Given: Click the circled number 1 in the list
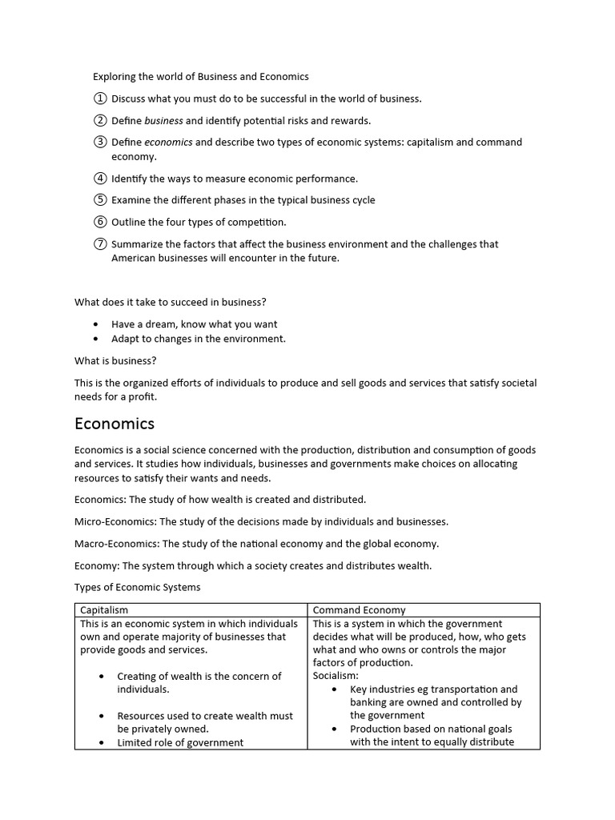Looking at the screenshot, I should (x=99, y=98).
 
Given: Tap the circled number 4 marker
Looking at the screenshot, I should (x=99, y=179).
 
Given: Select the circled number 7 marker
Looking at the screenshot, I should (x=99, y=244).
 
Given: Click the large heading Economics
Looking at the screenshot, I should (x=115, y=424).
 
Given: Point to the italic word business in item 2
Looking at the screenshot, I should (x=163, y=121).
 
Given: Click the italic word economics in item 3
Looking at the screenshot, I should (x=168, y=143).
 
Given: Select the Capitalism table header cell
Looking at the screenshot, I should (x=104, y=610).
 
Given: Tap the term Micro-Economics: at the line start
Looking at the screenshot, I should (x=116, y=521).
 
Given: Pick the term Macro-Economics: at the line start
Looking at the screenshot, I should (x=118, y=544).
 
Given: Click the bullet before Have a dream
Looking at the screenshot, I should (x=97, y=324).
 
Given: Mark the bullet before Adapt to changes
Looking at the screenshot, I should (x=97, y=339).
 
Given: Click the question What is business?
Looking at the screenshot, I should (x=115, y=361).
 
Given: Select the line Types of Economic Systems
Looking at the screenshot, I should (x=137, y=587).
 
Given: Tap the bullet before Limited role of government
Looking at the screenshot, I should (x=102, y=742).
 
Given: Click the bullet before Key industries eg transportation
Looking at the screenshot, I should (x=335, y=689).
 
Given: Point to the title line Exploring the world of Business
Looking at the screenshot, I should (x=200, y=77).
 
